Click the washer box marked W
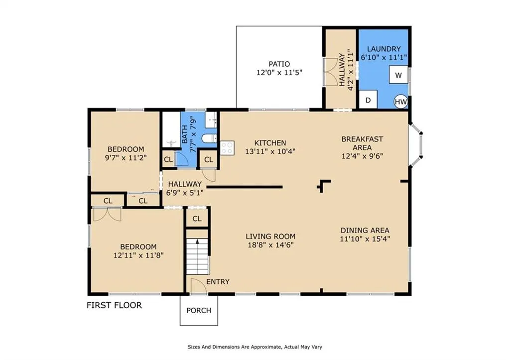tap(398, 75)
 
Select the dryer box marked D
tap(368, 100)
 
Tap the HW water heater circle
tap(401, 102)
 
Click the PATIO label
tap(279, 64)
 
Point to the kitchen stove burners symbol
tap(227, 148)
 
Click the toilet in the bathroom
tap(210, 138)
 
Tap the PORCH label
tap(199, 310)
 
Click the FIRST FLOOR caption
tap(114, 305)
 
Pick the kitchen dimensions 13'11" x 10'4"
tap(270, 151)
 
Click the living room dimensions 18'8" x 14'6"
tap(270, 244)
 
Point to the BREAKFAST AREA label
tap(362, 143)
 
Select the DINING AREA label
tap(365, 230)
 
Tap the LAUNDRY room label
tap(384, 49)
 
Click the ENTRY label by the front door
tap(218, 282)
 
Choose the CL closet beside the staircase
tap(197, 219)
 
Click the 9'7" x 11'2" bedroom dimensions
tap(126, 158)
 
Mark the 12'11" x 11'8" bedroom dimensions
tap(138, 255)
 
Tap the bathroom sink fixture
tap(211, 120)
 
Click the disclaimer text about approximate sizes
tap(255, 347)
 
